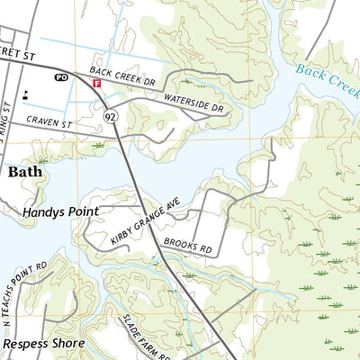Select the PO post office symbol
coord(62,78)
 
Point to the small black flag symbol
coord(26,93)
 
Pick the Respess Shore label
coord(43,343)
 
